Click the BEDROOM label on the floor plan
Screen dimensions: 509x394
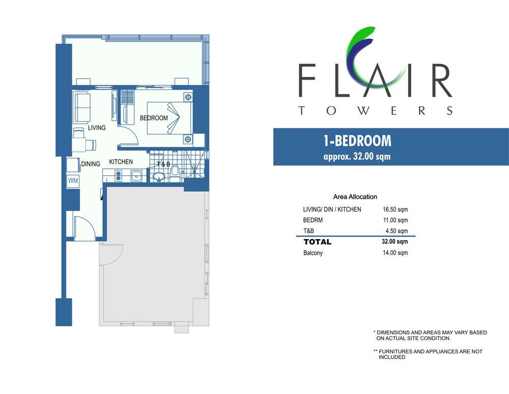coord(154,118)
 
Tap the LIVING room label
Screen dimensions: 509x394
coord(97,128)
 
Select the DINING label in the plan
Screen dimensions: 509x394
coord(91,164)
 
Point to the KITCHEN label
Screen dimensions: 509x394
coord(121,162)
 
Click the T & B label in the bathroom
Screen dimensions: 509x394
coord(163,164)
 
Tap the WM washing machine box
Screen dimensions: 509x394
coord(73,181)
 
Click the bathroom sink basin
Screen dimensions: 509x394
coord(159,177)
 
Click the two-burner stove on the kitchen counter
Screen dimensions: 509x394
coord(119,176)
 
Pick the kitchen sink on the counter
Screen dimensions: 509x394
coord(136,176)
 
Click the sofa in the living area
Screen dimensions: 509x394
coord(82,108)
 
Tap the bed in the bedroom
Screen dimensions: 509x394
coord(169,118)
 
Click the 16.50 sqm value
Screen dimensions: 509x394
coord(395,209)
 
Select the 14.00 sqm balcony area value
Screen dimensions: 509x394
coord(395,253)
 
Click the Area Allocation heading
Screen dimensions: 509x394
coord(355,197)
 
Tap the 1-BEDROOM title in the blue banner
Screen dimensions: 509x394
coord(357,141)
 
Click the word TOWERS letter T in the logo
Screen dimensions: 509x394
coord(302,111)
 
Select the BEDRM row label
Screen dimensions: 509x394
coord(313,220)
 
